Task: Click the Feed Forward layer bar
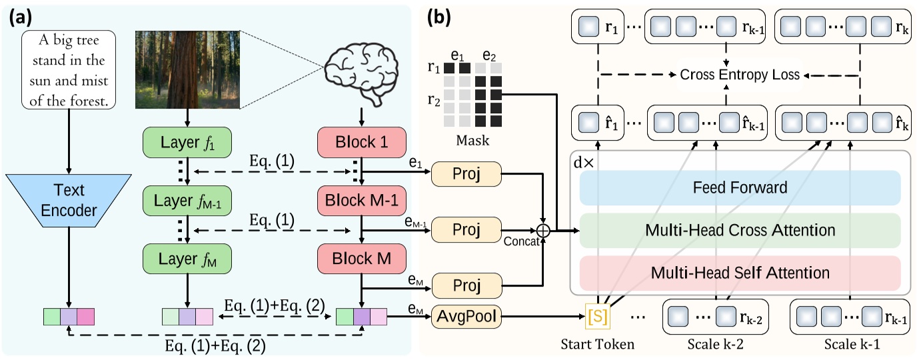pos(740,187)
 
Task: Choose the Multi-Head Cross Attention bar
pos(740,231)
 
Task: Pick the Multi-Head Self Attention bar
pos(740,273)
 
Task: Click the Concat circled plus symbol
pos(544,231)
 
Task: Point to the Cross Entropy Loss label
pos(739,75)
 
